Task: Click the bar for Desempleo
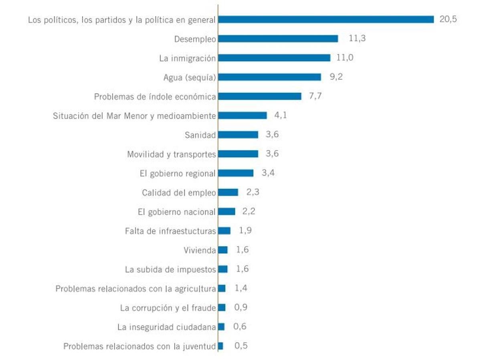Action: click(x=278, y=39)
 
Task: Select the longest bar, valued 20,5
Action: click(x=326, y=20)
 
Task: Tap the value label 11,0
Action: click(x=345, y=58)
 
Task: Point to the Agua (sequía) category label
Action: click(x=190, y=77)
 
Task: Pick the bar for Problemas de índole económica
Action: click(x=260, y=96)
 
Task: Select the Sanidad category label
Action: click(x=200, y=135)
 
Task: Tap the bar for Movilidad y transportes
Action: click(x=238, y=154)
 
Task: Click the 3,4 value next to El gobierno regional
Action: click(x=268, y=173)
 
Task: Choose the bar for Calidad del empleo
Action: click(x=228, y=192)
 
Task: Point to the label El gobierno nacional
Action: click(x=177, y=212)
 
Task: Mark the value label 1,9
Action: click(x=245, y=231)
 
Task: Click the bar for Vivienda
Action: click(x=223, y=250)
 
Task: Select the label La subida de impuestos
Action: click(x=170, y=269)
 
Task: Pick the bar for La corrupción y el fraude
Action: click(x=222, y=307)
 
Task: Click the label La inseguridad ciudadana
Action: click(x=167, y=327)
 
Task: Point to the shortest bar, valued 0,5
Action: click(x=220, y=346)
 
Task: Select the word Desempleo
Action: click(x=195, y=39)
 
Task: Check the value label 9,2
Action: click(x=336, y=77)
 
